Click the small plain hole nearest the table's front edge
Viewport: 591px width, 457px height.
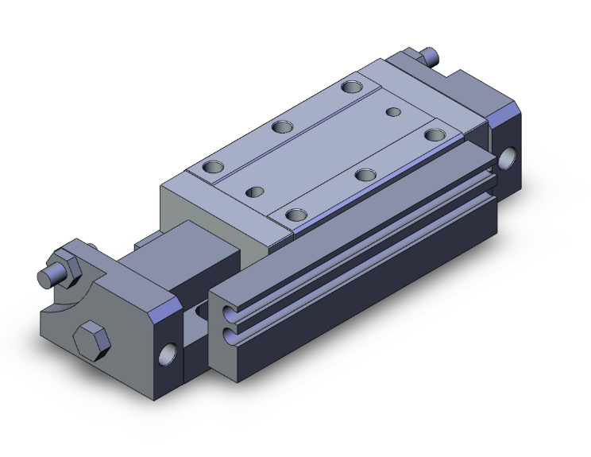pyautogui.click(x=256, y=192)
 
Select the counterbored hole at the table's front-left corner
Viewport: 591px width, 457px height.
pyautogui.click(x=213, y=168)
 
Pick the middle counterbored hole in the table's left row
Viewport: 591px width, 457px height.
pyautogui.click(x=281, y=126)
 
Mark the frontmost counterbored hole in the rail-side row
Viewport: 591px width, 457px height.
pyautogui.click(x=297, y=215)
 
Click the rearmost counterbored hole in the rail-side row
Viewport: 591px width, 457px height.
pyautogui.click(x=433, y=134)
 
